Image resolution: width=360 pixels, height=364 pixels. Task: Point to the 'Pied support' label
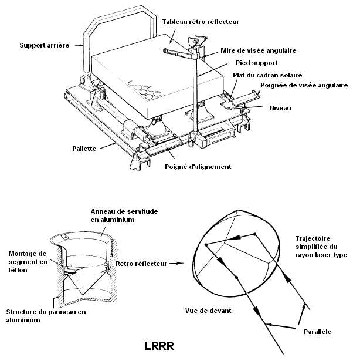[256, 62]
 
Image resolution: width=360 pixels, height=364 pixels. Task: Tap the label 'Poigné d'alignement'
[198, 167]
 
